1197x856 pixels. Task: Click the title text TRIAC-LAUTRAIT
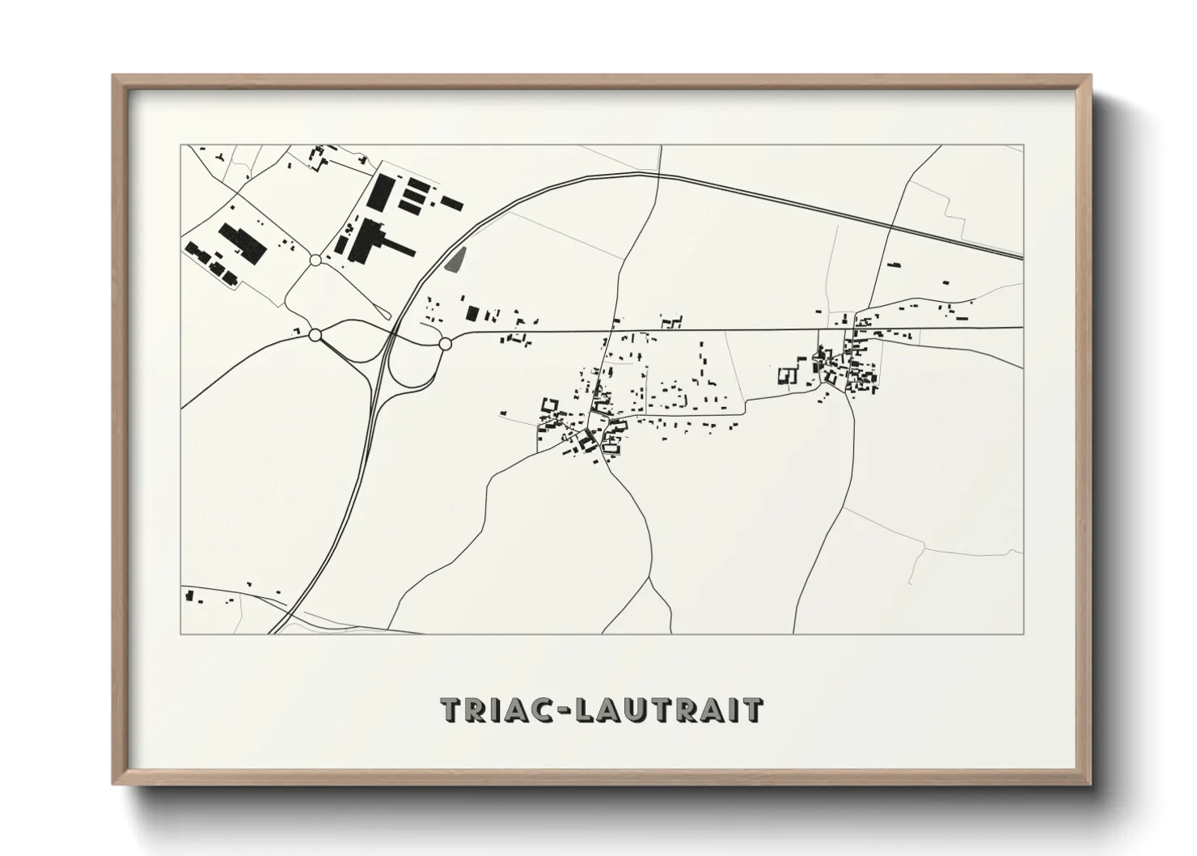[x=601, y=710]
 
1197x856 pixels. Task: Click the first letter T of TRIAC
[x=452, y=710]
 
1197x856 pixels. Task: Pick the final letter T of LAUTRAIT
[x=752, y=710]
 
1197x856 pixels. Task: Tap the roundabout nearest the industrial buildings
[x=315, y=260]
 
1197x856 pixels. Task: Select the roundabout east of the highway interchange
[x=444, y=344]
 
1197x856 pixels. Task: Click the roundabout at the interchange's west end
[x=315, y=334]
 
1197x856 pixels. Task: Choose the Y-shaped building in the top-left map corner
[x=218, y=153]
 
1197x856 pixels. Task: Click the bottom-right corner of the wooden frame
[x=1089, y=783]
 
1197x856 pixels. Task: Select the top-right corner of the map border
[x=1023, y=146]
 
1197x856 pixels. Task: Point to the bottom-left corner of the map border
[x=181, y=634]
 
